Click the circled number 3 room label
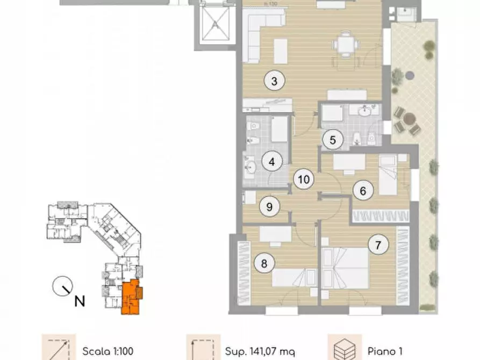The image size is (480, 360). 274,82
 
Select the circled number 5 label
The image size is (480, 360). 333,140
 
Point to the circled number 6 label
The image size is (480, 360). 363,190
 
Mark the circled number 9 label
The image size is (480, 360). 269,205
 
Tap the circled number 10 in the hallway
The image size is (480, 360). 303,179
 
